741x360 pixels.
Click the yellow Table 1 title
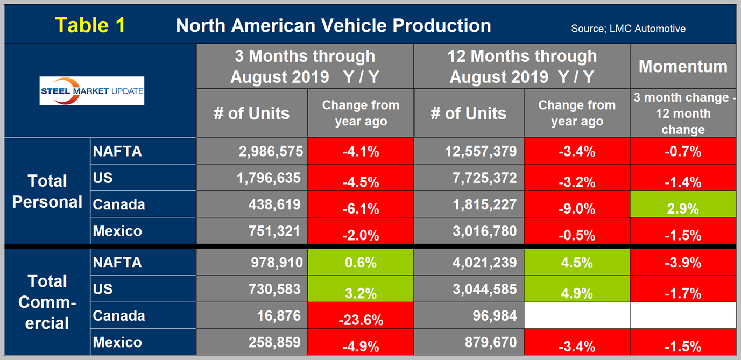(90, 25)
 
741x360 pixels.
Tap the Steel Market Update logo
(92, 90)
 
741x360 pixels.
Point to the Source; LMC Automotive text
(628, 29)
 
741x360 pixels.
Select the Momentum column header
(682, 66)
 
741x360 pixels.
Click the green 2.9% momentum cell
(682, 204)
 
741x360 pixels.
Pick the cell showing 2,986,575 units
(252, 151)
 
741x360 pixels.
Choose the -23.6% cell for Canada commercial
(361, 315)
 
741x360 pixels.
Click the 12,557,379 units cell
(469, 151)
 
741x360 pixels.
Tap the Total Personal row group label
(47, 191)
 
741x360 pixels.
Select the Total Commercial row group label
(47, 302)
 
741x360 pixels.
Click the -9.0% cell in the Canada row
(576, 204)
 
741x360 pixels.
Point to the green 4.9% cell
(576, 289)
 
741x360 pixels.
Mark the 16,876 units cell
(252, 315)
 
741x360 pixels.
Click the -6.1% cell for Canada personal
(361, 204)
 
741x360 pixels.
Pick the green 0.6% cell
(361, 263)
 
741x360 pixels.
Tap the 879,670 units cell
(469, 342)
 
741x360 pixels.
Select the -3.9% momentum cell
(682, 263)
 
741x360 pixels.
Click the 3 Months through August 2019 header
(305, 66)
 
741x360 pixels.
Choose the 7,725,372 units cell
(469, 178)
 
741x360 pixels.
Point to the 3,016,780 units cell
(469, 231)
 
